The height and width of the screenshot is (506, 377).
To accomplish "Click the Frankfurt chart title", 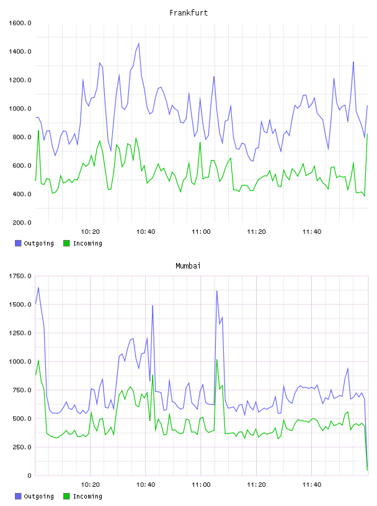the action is point(188,13).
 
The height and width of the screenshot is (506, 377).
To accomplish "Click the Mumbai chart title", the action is point(188,266).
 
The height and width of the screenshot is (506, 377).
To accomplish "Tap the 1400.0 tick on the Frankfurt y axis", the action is point(20,51).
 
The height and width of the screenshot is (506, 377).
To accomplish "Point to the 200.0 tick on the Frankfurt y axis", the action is point(22,223).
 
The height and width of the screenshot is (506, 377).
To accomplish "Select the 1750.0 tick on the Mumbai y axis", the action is point(20,276).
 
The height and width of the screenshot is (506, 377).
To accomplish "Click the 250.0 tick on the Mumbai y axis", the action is point(22,447).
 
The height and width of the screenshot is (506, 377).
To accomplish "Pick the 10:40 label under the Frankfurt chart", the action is point(146,232).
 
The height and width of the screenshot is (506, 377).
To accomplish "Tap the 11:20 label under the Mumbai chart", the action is point(256,485).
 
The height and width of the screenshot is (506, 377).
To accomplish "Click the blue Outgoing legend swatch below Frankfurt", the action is point(18,243).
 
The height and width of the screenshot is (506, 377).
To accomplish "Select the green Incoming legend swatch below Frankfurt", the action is point(66,243).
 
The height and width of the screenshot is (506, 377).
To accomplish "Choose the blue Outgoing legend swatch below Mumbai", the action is point(18,496).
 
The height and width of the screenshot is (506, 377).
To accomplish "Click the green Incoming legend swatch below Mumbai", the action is point(66,496).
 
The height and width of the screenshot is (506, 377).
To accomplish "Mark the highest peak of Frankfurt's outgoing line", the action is point(139,43).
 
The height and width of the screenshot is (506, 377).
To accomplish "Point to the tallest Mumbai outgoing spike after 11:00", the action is point(217,291).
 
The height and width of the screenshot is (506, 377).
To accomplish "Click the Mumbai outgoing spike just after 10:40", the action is point(153,306).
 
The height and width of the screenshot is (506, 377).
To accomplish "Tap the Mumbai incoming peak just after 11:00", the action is point(217,360).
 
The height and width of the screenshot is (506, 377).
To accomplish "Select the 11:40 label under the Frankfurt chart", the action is point(312,232).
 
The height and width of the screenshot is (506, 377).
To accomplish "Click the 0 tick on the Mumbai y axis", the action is point(29,476).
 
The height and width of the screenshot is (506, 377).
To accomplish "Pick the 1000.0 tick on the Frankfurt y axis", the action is point(20,109).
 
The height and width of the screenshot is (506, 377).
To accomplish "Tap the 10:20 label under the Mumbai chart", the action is point(90,485).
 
